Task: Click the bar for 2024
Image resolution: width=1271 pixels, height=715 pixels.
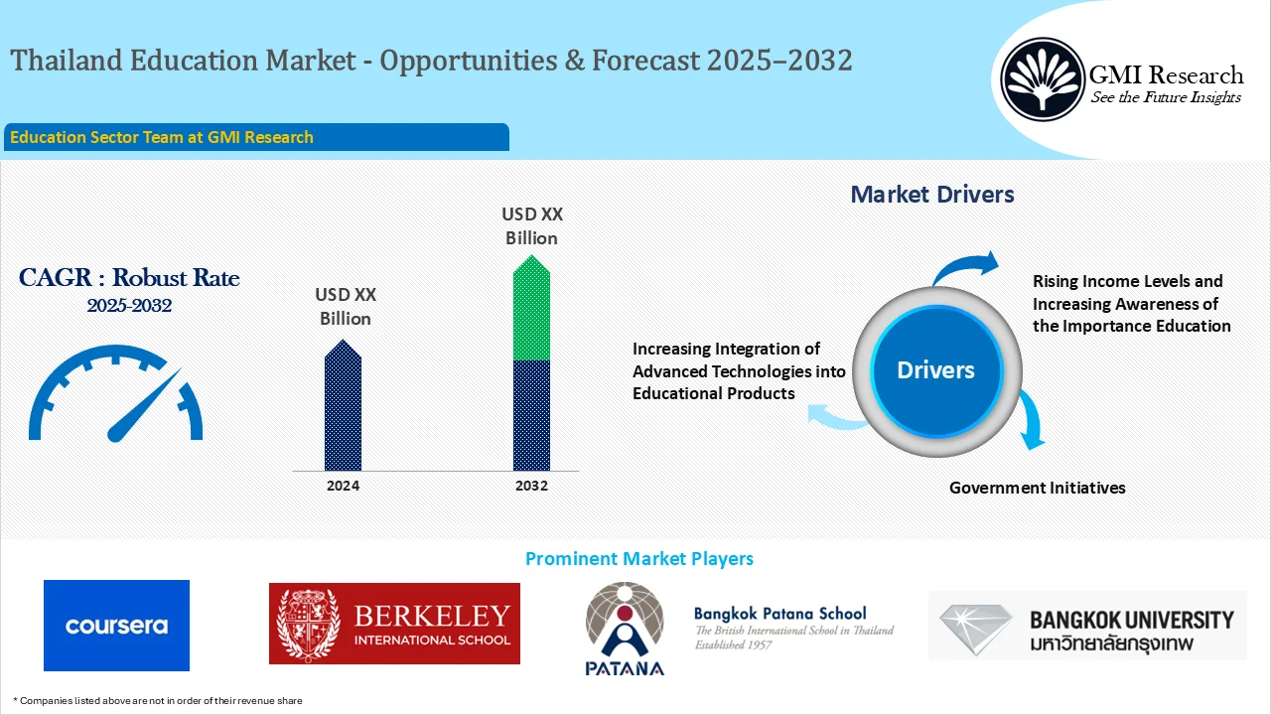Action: pyautogui.click(x=343, y=407)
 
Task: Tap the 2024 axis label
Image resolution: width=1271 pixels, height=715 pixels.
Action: pyautogui.click(x=343, y=486)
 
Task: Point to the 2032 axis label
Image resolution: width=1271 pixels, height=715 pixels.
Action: pyautogui.click(x=531, y=486)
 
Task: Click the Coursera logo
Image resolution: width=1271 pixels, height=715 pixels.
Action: pyautogui.click(x=116, y=626)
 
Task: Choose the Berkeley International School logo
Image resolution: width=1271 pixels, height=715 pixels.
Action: pyautogui.click(x=394, y=624)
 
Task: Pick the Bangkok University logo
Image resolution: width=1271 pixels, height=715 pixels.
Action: pyautogui.click(x=1087, y=626)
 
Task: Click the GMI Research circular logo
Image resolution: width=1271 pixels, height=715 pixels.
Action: pyautogui.click(x=1042, y=79)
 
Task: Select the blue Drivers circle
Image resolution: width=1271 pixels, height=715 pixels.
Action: pyautogui.click(x=935, y=370)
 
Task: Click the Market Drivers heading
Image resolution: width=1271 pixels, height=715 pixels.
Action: pyautogui.click(x=932, y=195)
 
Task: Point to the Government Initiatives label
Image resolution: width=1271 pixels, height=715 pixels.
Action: pyautogui.click(x=1037, y=488)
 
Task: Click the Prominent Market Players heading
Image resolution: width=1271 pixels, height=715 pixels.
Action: pyautogui.click(x=638, y=559)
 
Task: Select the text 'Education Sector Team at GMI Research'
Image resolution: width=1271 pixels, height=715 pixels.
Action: pyautogui.click(x=162, y=137)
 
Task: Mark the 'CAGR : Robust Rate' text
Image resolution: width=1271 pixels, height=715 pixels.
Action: pyautogui.click(x=129, y=278)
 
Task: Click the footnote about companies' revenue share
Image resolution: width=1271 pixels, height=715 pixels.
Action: pyautogui.click(x=158, y=701)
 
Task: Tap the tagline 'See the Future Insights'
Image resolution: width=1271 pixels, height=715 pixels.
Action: pyautogui.click(x=1166, y=97)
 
